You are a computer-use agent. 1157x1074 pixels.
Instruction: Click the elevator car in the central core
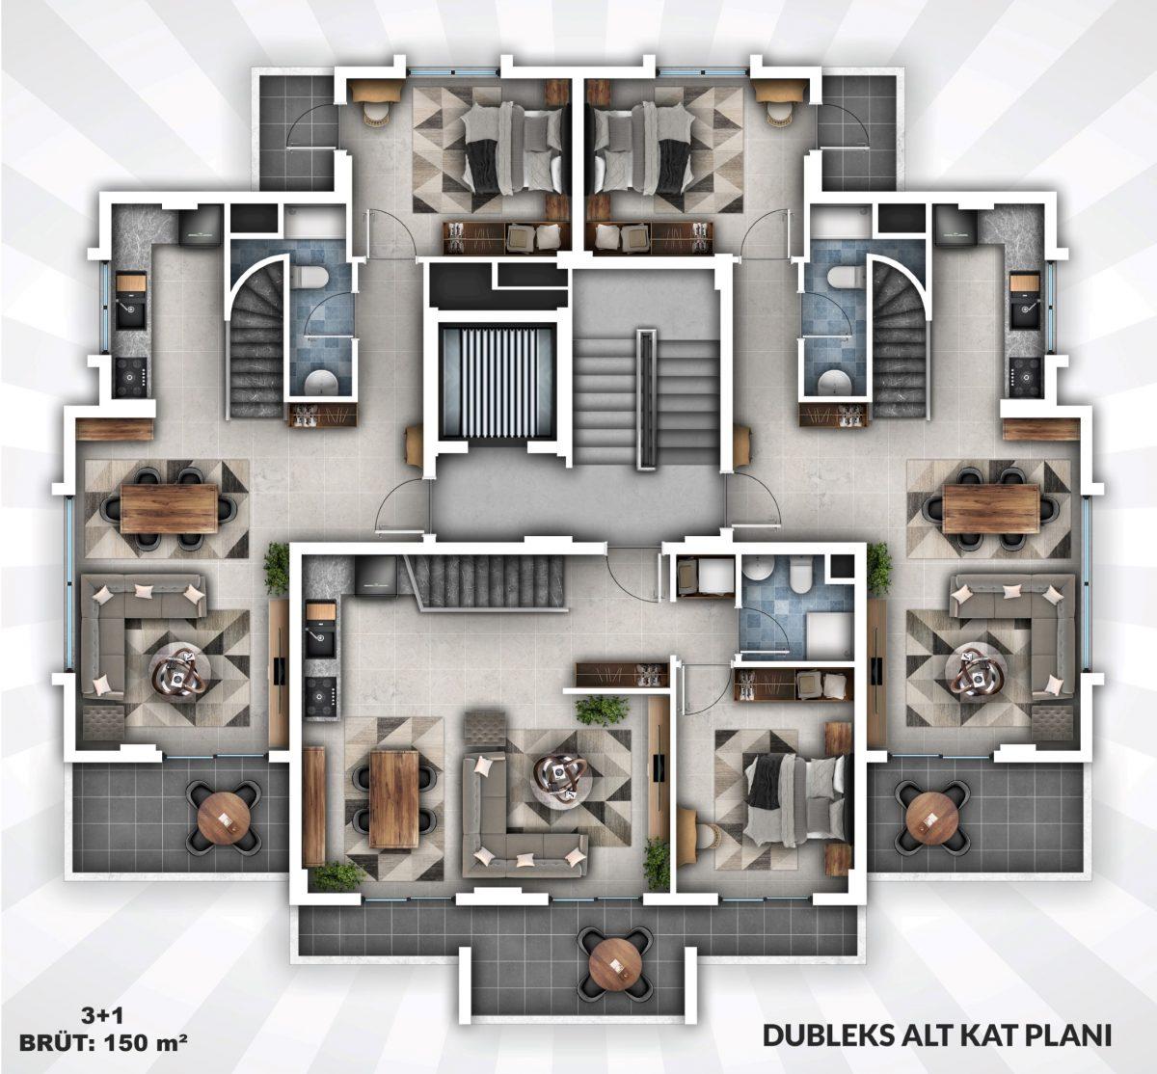point(498,382)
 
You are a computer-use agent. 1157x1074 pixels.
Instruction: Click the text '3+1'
point(102,1016)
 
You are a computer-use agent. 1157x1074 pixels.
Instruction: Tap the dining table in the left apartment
point(169,509)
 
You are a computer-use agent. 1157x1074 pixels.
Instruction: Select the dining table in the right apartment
point(990,509)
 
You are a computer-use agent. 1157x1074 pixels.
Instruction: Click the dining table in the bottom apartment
point(393,798)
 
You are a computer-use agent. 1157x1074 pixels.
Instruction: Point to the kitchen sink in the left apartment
point(131,314)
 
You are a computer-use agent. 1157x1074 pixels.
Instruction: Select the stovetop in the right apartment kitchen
point(1025,375)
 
